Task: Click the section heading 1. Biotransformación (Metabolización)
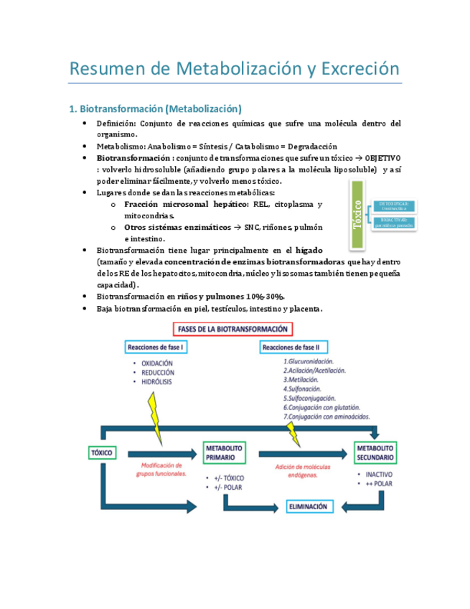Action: (155, 109)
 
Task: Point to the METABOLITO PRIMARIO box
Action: (224, 452)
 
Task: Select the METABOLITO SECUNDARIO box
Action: (375, 452)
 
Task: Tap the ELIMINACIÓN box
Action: (308, 506)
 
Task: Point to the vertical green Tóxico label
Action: (357, 215)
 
